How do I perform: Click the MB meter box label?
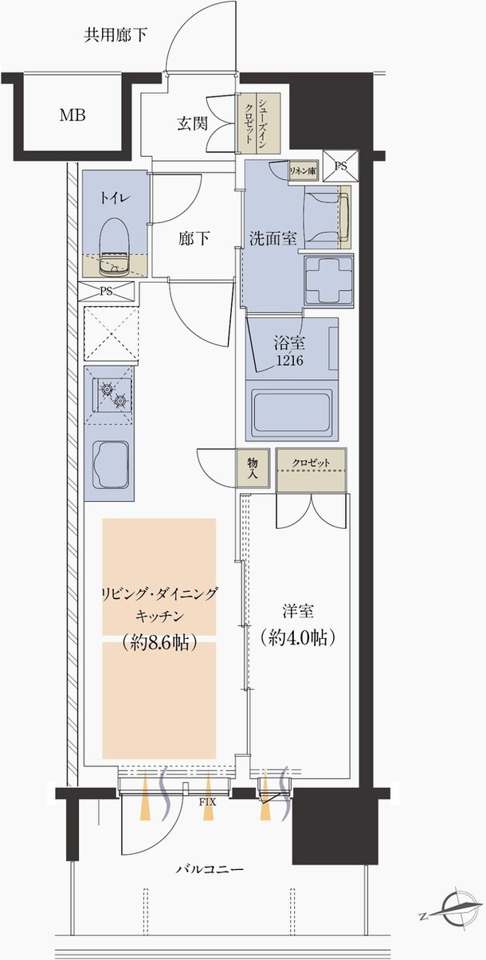tap(73, 115)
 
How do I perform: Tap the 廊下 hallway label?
tap(194, 238)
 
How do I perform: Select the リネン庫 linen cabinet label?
tap(303, 170)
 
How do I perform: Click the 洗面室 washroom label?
tap(273, 238)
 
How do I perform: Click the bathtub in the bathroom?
tap(292, 413)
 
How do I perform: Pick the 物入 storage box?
tap(252, 468)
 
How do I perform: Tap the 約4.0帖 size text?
tap(297, 637)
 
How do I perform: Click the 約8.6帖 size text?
tap(159, 642)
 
